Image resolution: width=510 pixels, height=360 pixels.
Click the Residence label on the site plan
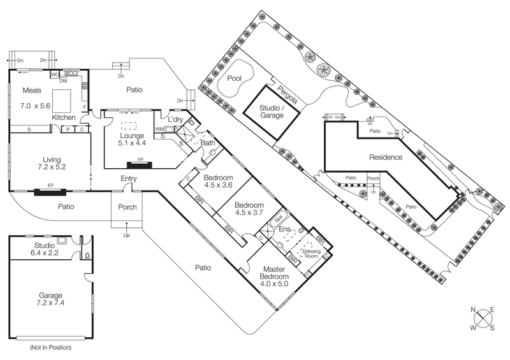(385, 157)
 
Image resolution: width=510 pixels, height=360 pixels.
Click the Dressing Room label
(311, 254)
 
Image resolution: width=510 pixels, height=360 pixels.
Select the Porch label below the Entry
(127, 207)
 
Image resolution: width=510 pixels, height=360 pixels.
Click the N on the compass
(474, 310)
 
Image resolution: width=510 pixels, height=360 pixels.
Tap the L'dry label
(177, 120)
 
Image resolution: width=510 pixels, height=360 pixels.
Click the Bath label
(208, 143)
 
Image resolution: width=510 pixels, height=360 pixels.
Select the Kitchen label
(64, 118)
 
